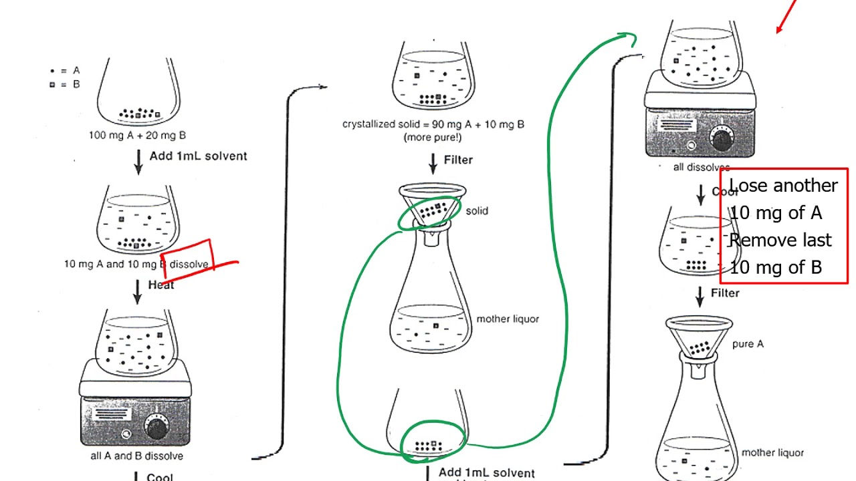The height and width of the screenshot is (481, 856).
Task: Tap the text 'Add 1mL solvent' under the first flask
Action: (x=198, y=156)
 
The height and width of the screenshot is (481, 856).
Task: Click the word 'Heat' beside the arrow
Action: (x=161, y=285)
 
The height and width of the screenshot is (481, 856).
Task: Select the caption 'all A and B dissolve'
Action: (x=136, y=456)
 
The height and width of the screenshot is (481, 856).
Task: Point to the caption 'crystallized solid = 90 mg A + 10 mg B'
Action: (x=433, y=124)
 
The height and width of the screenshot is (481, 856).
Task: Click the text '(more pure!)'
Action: (x=432, y=138)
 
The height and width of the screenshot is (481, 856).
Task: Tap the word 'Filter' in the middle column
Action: (x=458, y=160)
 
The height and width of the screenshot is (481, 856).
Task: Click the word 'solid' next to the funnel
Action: (x=477, y=211)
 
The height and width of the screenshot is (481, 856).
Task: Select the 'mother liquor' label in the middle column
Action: (x=508, y=319)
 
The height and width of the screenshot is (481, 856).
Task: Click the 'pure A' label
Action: (x=748, y=345)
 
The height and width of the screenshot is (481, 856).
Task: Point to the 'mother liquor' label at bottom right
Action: (x=772, y=453)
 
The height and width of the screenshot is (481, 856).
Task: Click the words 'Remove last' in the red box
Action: (x=780, y=240)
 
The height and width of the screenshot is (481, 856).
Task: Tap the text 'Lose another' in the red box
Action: (x=783, y=186)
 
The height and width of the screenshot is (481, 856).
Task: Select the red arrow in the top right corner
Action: (x=786, y=16)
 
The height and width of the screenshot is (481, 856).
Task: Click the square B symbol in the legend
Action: (x=52, y=85)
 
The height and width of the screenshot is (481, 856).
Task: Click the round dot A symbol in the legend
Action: (x=52, y=70)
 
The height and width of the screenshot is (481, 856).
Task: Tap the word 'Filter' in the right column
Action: (x=725, y=293)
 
